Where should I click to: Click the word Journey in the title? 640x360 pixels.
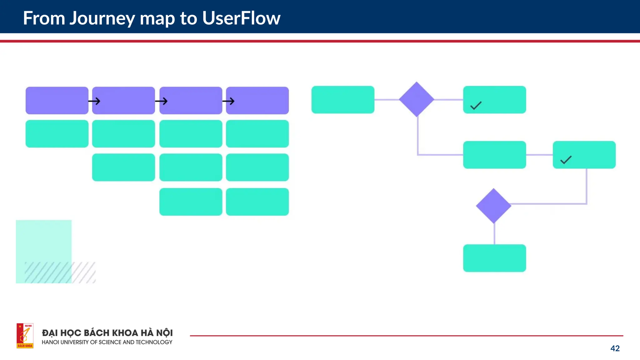[102, 18]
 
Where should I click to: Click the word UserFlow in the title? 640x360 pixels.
[241, 18]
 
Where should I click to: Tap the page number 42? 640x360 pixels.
[615, 348]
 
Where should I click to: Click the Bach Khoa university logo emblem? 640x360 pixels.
[25, 336]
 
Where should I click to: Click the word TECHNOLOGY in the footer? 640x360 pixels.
[154, 342]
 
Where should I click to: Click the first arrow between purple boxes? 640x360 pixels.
[94, 101]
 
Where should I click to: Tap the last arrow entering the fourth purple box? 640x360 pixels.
[228, 101]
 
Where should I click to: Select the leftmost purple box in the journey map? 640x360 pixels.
[57, 100]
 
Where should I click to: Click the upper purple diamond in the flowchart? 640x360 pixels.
[417, 99]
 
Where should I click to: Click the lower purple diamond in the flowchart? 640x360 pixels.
[493, 206]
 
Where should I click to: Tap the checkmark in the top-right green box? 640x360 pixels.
[476, 106]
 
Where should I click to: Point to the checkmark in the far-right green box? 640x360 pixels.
[566, 160]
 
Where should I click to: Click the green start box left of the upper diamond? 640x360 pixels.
[343, 99]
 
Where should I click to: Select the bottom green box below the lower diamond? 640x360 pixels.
[494, 258]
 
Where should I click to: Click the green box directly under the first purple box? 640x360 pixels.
[57, 133]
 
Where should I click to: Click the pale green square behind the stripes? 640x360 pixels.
[43, 241]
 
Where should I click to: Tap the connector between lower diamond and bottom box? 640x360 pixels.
[494, 234]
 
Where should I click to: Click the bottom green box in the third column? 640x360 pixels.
[191, 202]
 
